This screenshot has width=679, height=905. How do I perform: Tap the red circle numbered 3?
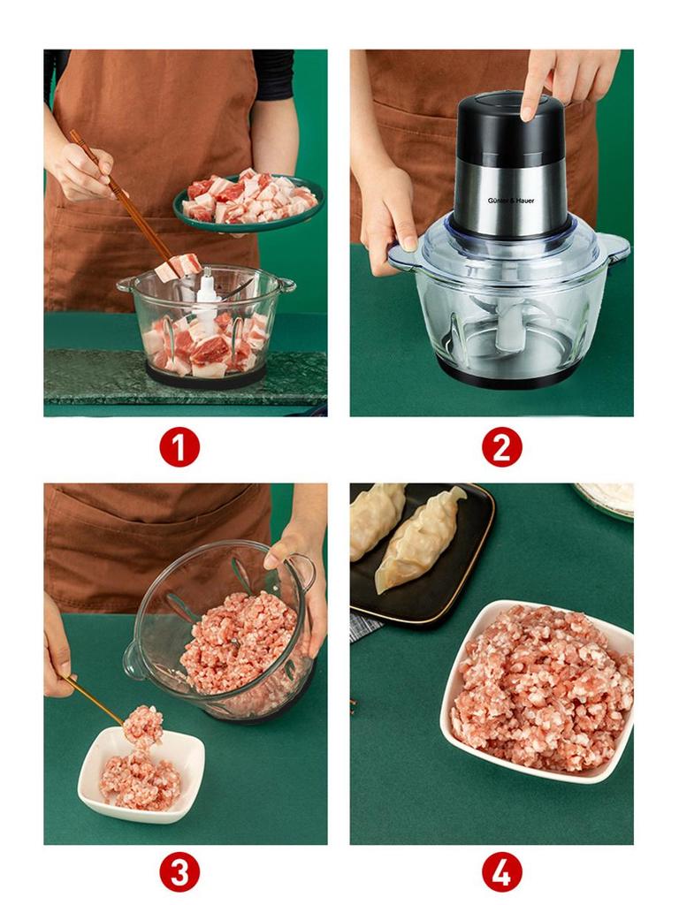click(x=179, y=872)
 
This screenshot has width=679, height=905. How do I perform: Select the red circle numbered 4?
click(x=501, y=872)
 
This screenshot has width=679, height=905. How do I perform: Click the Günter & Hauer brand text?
click(x=511, y=201)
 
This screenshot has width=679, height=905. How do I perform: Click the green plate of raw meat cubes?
click(x=248, y=202)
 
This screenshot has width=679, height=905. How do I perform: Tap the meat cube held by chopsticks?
click(x=179, y=266)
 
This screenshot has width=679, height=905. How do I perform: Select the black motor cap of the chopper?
click(x=510, y=128)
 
